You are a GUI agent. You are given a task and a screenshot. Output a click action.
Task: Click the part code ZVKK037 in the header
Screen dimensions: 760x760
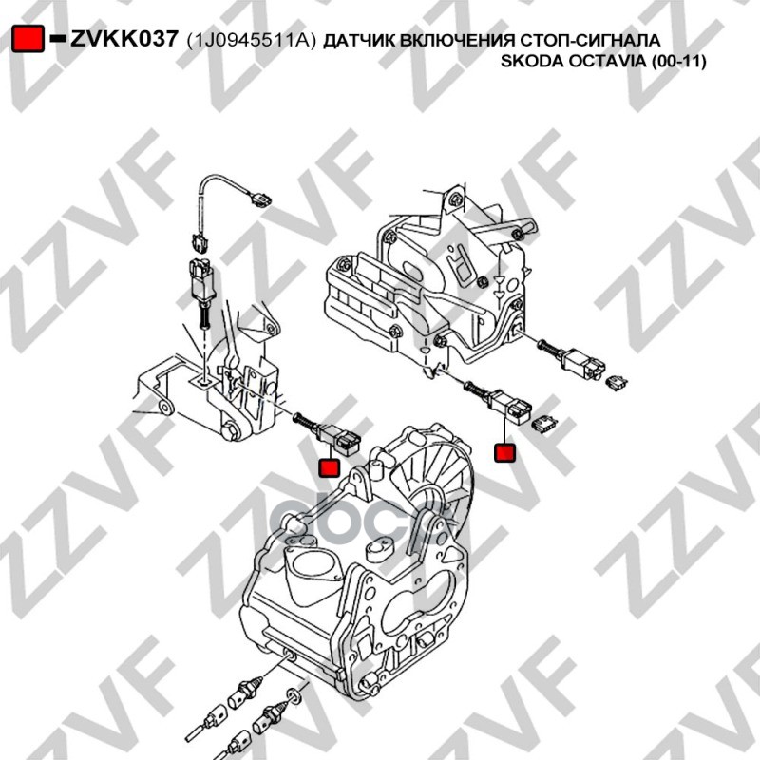125,39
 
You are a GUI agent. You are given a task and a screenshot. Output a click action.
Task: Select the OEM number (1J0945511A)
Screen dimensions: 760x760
251,40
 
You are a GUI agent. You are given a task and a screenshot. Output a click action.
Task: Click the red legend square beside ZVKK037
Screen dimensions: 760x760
29,39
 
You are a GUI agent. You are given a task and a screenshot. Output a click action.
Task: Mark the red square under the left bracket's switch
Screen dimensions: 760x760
328,467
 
